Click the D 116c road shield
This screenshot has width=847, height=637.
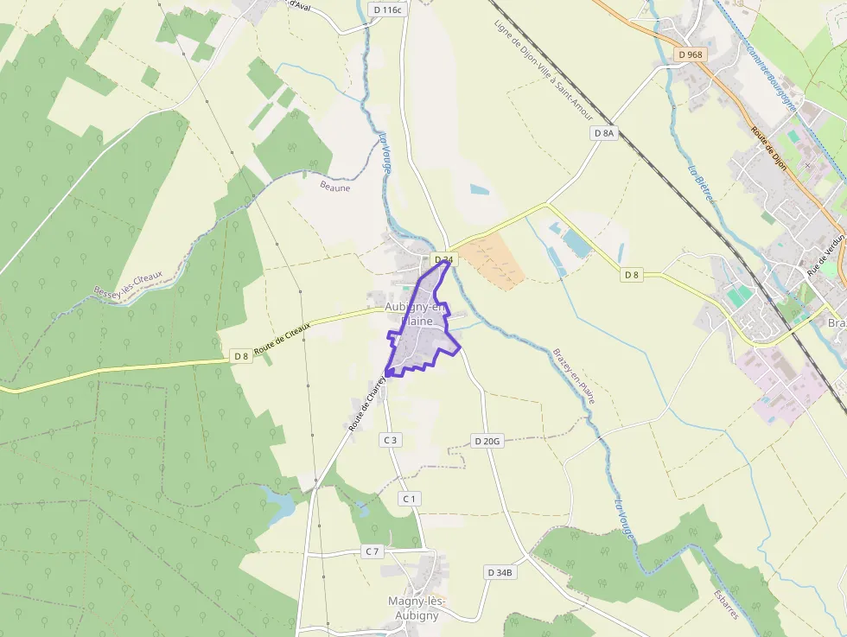pyautogui.click(x=386, y=10)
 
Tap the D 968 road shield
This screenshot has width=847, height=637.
pyautogui.click(x=691, y=54)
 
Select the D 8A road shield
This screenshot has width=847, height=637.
pyautogui.click(x=604, y=133)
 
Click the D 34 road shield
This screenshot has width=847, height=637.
pyautogui.click(x=443, y=259)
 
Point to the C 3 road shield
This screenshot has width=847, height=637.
pyautogui.click(x=391, y=440)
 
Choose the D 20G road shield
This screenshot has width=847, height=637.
pyautogui.click(x=487, y=441)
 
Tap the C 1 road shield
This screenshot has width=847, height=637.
pyautogui.click(x=409, y=499)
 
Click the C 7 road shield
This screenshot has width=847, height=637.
pyautogui.click(x=373, y=551)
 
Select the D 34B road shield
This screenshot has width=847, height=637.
pyautogui.click(x=500, y=572)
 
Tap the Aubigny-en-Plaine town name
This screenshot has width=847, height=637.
pyautogui.click(x=416, y=314)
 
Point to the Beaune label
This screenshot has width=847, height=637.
pyautogui.click(x=335, y=187)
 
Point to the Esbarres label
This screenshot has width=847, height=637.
pyautogui.click(x=726, y=604)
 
